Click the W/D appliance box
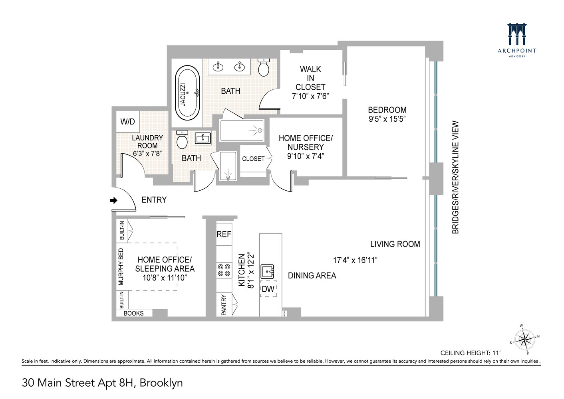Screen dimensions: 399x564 pos(128,122)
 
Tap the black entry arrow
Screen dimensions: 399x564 pos(114,200)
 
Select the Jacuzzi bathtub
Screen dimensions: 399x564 pos(187,93)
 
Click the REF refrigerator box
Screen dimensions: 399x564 pos(224,234)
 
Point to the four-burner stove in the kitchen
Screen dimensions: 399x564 pos(224,269)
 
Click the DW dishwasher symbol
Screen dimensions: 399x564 pos(268,289)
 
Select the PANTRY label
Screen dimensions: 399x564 pos(224,305)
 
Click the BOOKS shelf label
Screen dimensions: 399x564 pos(133,313)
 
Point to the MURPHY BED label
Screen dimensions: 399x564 pos(121,267)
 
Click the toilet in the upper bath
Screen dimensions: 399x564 pos(264,67)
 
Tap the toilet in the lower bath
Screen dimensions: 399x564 pos(182,139)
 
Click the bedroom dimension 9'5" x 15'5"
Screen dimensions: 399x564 pos(387,119)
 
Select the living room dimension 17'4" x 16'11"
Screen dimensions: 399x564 pos(355,260)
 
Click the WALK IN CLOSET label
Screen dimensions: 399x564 pos(310,78)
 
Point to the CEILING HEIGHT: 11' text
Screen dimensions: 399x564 pos(470,353)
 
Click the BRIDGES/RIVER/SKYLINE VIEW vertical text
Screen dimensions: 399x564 pos(455,177)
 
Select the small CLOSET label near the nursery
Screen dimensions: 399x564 pos(253,159)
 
